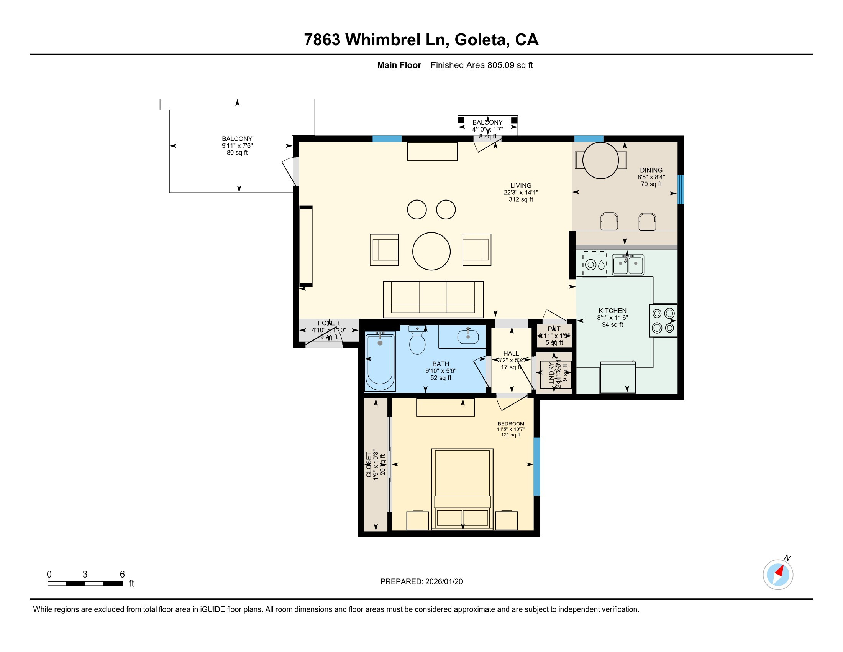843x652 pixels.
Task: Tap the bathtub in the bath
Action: tap(380, 362)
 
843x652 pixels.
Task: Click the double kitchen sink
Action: tap(628, 265)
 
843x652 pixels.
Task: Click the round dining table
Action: tap(600, 160)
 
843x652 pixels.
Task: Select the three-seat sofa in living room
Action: tap(433, 300)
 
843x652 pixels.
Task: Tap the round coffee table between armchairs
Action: tap(431, 251)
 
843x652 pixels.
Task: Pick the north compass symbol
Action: tap(778, 575)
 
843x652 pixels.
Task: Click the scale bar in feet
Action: tap(85, 584)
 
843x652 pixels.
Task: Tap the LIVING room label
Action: tap(521, 185)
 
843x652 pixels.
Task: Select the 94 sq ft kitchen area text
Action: tap(613, 325)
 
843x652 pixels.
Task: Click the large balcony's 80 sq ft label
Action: tap(237, 153)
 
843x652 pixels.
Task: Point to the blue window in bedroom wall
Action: tap(536, 466)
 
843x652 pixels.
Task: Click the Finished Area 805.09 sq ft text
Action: tap(482, 65)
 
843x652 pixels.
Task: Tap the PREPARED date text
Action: tap(421, 582)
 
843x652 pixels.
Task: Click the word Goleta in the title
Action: tap(481, 40)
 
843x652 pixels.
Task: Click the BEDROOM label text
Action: tap(511, 424)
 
